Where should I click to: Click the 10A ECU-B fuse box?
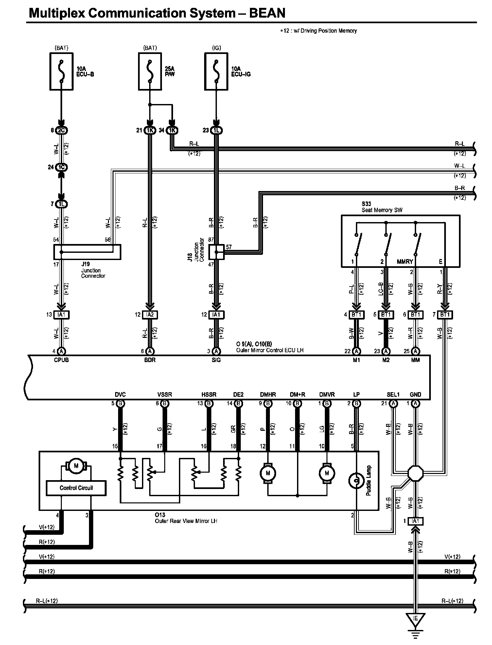click(61, 72)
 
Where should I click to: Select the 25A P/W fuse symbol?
click(150, 72)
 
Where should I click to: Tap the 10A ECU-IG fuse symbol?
click(216, 72)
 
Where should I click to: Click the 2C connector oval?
click(61, 131)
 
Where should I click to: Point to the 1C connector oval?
click(61, 167)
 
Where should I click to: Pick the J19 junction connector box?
click(87, 252)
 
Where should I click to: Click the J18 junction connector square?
click(216, 252)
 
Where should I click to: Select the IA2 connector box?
click(150, 315)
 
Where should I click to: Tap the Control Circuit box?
click(76, 488)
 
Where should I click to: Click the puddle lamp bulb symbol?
click(357, 481)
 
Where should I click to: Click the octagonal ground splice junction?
click(415, 473)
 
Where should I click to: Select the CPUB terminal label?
click(61, 360)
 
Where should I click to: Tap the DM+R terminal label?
click(297, 394)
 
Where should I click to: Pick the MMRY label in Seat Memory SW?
click(405, 262)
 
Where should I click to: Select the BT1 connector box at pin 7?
click(445, 315)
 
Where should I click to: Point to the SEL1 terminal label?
click(393, 394)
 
